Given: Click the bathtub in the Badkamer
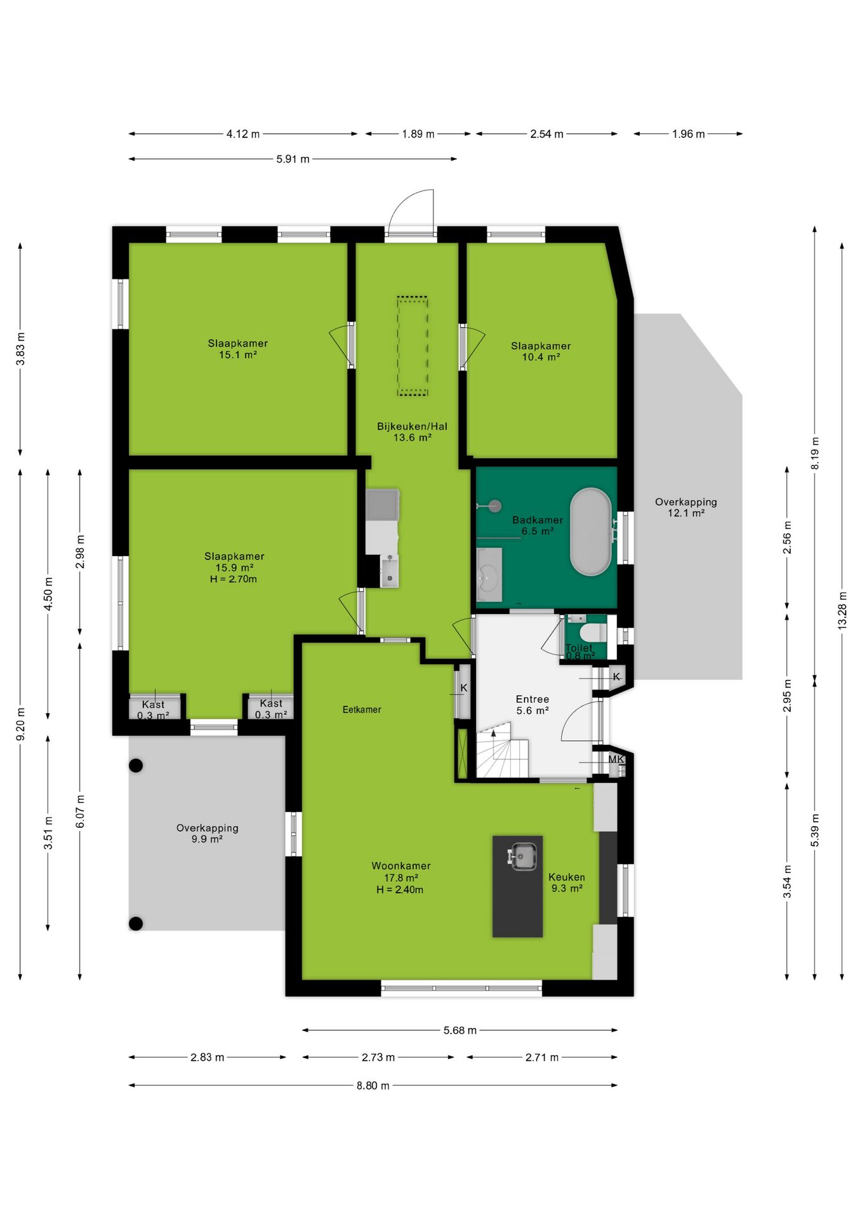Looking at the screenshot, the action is point(590,532).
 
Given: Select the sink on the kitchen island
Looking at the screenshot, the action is point(521,856).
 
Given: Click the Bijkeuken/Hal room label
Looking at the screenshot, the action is point(412,432).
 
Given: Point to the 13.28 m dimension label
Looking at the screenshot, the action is point(842,610).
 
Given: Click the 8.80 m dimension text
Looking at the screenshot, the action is point(373,1086).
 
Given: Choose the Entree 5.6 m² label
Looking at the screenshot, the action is point(532,705).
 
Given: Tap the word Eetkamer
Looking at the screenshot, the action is point(362,710).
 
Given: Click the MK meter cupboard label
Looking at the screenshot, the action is point(616,759).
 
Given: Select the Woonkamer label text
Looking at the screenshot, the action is point(401,866).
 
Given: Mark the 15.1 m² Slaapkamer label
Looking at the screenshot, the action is point(238,349).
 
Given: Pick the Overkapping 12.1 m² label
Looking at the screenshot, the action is point(686,507).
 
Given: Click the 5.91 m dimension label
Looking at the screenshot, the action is point(293,159).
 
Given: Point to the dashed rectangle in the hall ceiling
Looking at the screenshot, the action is point(413,346).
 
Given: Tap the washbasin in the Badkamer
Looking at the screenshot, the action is point(489,575).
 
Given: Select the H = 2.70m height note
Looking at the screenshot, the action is point(234,579).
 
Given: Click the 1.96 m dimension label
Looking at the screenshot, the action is point(689,134).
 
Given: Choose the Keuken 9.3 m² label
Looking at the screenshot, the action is point(567,883).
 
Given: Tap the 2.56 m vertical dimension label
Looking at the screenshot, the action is point(787,537).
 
